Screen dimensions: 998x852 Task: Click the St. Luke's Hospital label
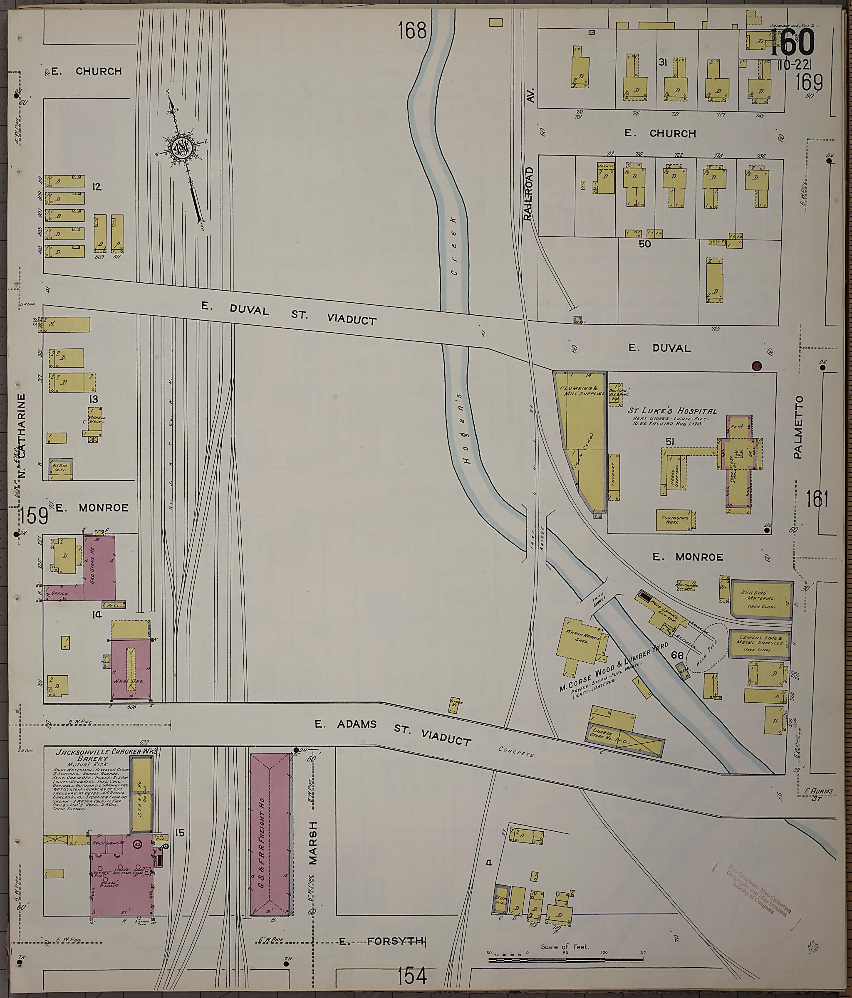pyautogui.click(x=672, y=411)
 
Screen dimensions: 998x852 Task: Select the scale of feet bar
pyautogui.click(x=566, y=960)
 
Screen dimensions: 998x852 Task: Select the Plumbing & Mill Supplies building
pyautogui.click(x=581, y=436)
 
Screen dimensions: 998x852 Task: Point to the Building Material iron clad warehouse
pyautogui.click(x=761, y=599)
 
